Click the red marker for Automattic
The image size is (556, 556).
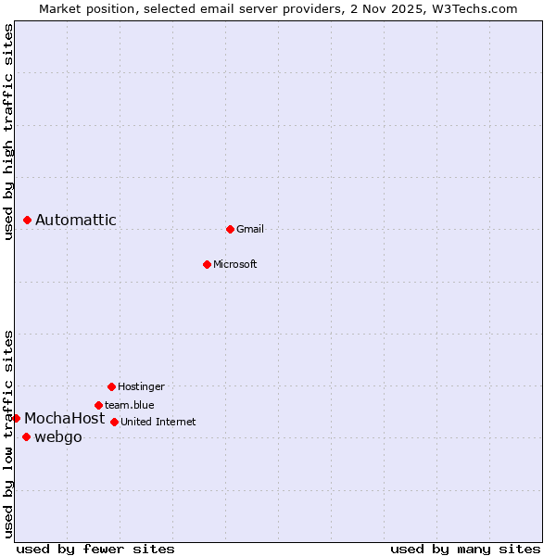point(28,220)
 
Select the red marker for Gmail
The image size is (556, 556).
point(230,229)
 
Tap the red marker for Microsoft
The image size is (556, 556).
point(207,264)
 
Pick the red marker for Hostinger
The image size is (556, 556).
point(111,386)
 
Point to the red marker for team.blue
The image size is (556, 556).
point(98,405)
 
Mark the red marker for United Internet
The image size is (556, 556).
point(114,422)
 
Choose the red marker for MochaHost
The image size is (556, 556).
point(16,418)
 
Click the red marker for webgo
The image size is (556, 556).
point(26,436)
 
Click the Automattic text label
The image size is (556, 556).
point(76,220)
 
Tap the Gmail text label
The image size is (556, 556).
point(250,229)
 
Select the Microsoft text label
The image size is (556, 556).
point(235,264)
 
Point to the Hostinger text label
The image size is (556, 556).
point(141,386)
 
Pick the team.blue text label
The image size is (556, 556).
point(130,405)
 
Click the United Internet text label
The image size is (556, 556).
point(158,422)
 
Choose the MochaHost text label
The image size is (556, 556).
point(65,418)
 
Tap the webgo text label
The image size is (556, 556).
point(58,436)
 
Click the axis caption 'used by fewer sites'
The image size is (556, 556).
point(95,549)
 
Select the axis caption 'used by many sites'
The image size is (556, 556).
point(465,549)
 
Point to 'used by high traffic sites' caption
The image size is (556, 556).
point(8,132)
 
